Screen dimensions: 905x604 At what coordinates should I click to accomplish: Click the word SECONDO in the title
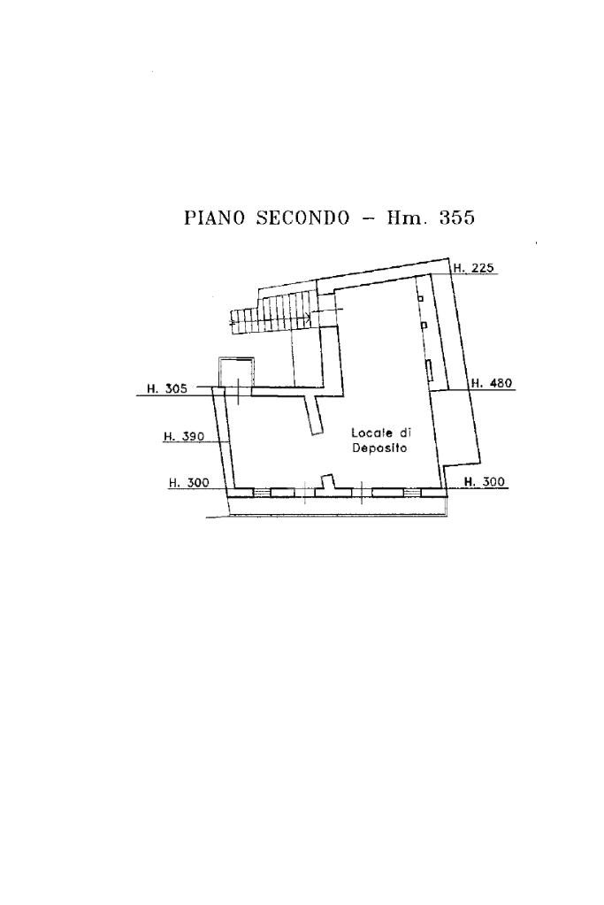pos(302,218)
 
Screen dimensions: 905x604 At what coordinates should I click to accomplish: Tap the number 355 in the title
pos(456,218)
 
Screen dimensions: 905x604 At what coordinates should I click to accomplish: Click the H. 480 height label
pos(491,383)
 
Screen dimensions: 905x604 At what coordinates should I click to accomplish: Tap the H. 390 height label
pos(184,436)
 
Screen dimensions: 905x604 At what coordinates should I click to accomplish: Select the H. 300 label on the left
pos(188,483)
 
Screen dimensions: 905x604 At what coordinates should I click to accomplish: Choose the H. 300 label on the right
pos(485,482)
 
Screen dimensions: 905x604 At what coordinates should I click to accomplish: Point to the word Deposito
pos(378,449)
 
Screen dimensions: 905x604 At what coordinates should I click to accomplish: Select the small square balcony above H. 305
pos(236,371)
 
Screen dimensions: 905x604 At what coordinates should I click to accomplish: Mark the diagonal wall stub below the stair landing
pos(313,415)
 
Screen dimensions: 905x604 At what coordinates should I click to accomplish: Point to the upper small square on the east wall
pos(421,299)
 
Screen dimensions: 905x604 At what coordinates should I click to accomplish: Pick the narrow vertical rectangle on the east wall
pos(430,371)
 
